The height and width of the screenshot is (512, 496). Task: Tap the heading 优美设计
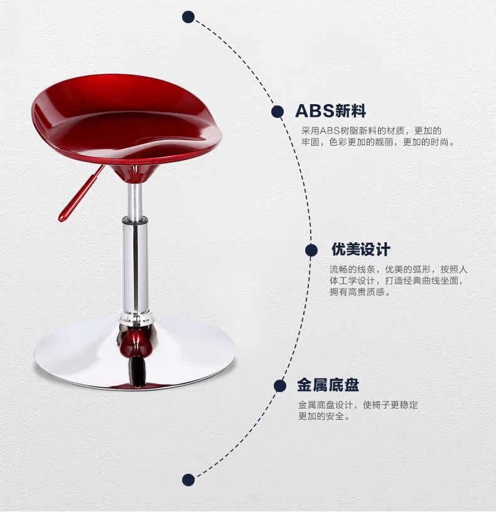361,249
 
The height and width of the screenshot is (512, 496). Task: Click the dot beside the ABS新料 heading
277,112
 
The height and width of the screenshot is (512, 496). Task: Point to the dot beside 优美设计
311,250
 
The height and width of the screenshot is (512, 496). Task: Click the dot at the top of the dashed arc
188,17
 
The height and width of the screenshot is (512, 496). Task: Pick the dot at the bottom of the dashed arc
188,480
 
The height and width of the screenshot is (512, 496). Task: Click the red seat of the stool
126,119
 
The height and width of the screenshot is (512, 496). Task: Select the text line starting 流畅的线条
399,269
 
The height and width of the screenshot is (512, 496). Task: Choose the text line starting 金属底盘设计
358,405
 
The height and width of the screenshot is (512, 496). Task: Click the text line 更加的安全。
324,416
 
